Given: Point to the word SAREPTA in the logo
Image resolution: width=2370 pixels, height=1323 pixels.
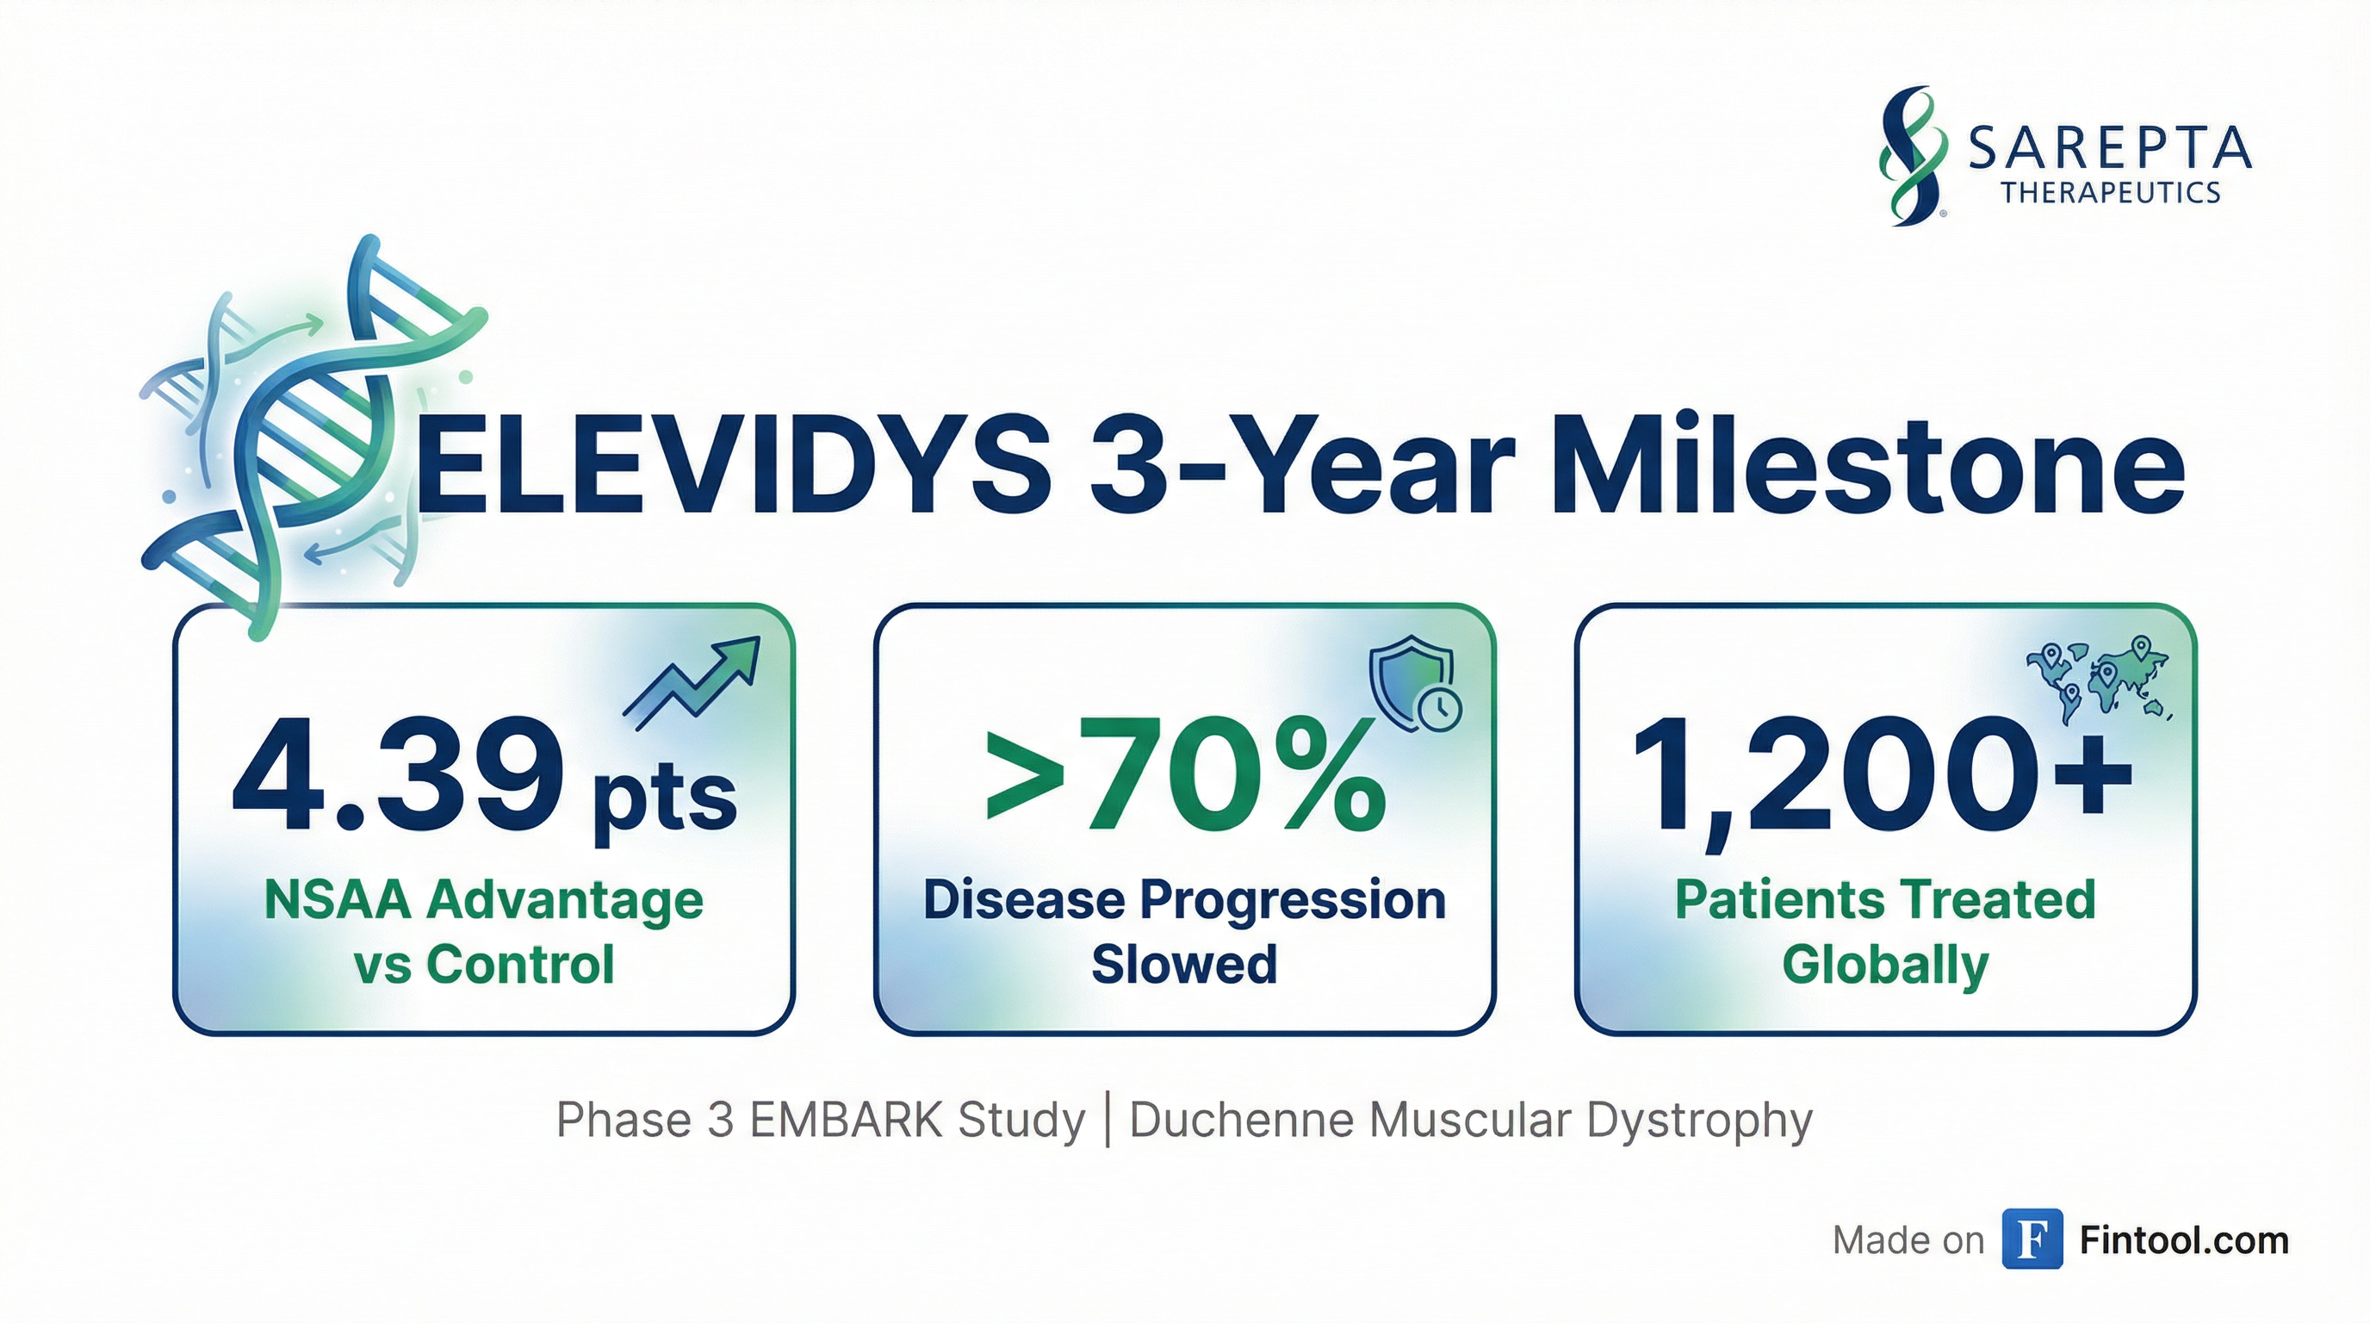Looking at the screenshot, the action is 2110,149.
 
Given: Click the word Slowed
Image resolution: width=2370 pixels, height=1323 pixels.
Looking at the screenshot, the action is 1184,964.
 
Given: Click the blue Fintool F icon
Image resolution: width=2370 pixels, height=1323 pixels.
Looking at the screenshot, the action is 2032,1239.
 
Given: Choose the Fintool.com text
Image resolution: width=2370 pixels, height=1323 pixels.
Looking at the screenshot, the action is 2184,1240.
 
